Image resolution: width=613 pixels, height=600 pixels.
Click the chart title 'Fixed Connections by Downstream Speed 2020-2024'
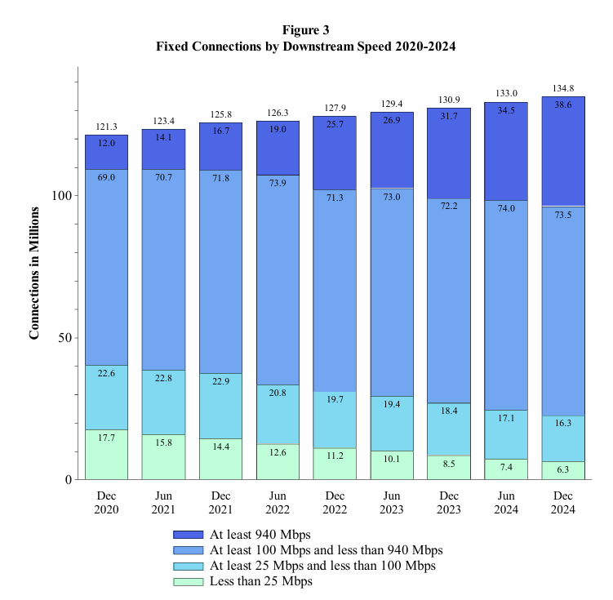tap(305, 47)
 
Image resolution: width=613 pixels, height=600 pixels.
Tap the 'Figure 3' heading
tap(305, 31)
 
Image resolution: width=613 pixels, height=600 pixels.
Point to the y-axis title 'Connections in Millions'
tap(35, 273)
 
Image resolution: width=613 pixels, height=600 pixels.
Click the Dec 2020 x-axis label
tap(106, 502)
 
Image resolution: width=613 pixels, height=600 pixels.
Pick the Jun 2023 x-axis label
tap(392, 502)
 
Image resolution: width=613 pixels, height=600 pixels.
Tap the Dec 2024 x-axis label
tap(563, 502)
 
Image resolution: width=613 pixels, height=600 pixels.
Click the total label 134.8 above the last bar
tap(563, 88)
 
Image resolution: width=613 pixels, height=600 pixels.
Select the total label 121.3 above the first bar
tap(106, 127)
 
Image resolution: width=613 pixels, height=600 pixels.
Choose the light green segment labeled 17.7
tap(106, 455)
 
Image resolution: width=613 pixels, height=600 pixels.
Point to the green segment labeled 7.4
tap(506, 469)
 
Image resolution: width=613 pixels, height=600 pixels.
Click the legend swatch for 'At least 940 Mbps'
tap(189, 535)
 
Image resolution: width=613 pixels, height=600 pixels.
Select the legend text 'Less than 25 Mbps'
tap(261, 581)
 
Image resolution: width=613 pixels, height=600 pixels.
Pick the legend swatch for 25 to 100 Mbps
tap(189, 566)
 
